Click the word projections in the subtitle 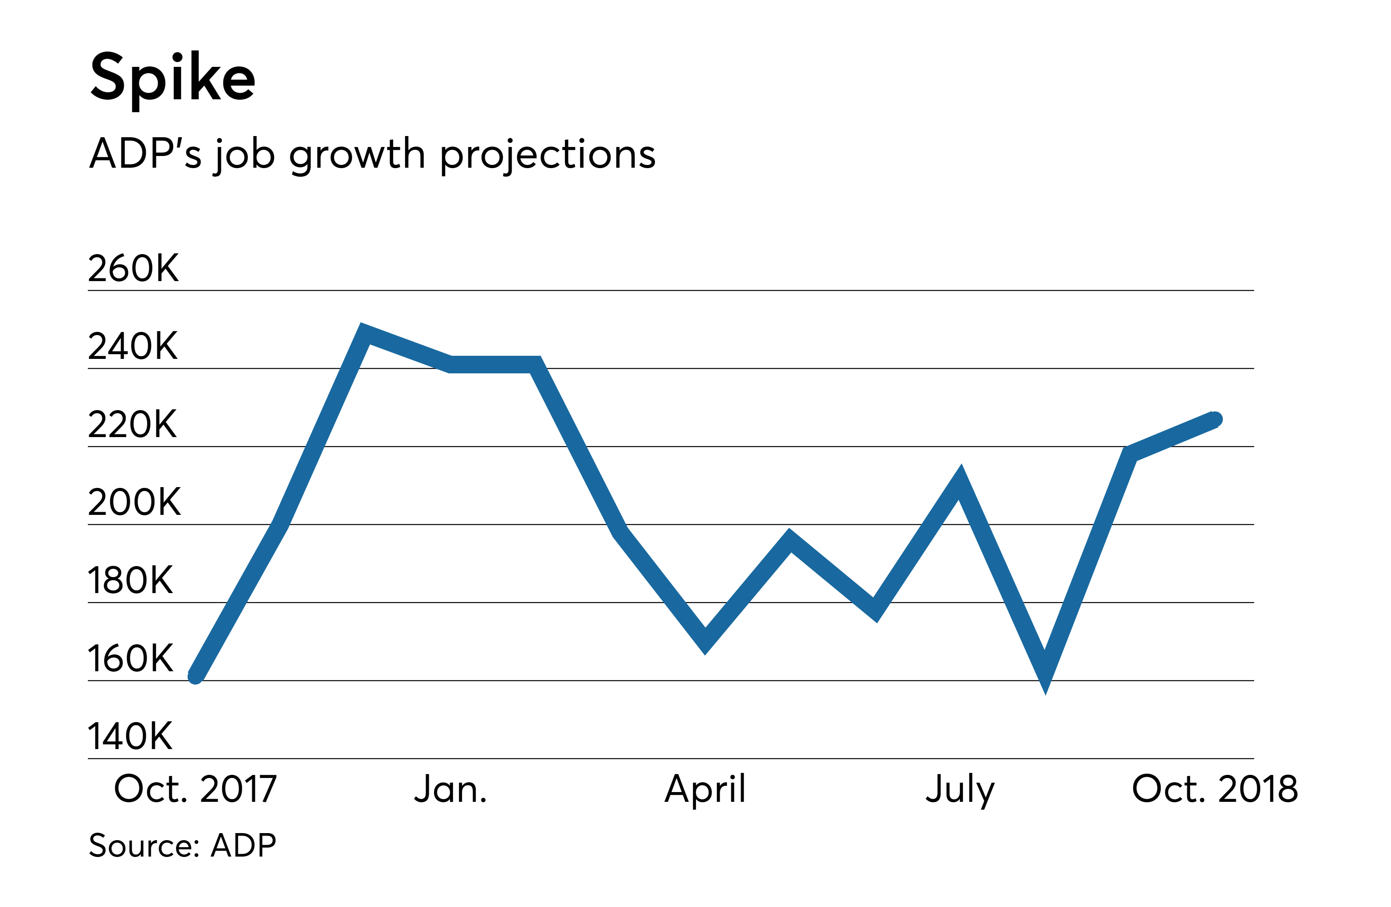[x=548, y=155]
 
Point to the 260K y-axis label [x=133, y=269]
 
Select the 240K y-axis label [x=133, y=346]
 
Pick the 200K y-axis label [x=134, y=502]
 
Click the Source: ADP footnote [x=182, y=846]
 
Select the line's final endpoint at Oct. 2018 [x=1215, y=419]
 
